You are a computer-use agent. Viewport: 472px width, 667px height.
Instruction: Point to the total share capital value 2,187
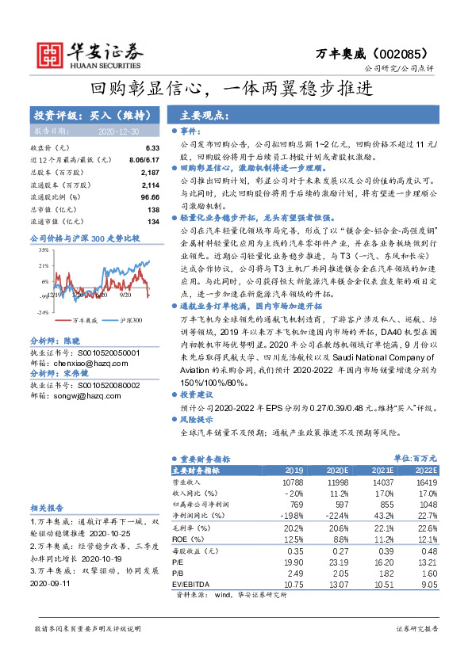pos(149,172)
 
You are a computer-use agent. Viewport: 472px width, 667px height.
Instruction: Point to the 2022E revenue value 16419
pos(426,482)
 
